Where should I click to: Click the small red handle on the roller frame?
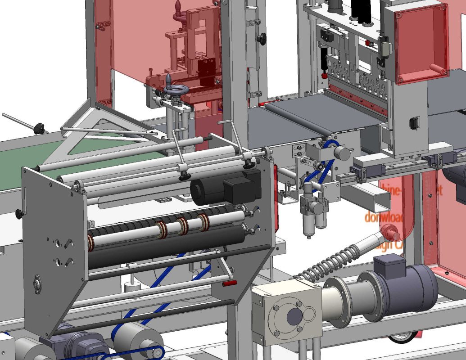[229, 283]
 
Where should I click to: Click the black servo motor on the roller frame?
[225, 186]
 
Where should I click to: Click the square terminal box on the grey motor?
[389, 265]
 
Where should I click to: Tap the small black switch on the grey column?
[413, 122]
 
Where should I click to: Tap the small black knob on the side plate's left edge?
[19, 214]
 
